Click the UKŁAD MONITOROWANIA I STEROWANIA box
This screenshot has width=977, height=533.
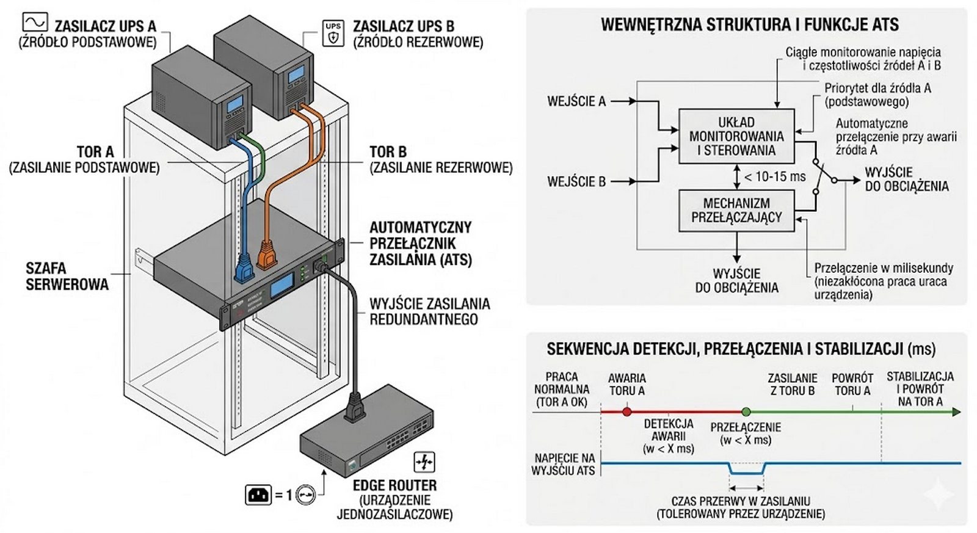(736, 136)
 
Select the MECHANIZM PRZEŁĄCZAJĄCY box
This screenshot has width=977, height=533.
(736, 211)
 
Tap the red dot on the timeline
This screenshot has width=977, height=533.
(627, 412)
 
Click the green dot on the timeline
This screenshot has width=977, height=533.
(746, 412)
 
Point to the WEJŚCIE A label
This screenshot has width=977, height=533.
(576, 101)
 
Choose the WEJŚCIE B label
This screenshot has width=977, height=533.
(576, 181)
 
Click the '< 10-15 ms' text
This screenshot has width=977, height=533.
(774, 177)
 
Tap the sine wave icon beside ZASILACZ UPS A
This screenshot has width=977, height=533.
(35, 23)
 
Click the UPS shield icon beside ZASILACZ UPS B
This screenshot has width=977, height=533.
(333, 33)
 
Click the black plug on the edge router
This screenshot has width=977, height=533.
(354, 407)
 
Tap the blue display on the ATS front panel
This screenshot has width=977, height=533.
(281, 285)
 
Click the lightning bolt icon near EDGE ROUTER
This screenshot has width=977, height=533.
(424, 462)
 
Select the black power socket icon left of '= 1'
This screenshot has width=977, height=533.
(258, 494)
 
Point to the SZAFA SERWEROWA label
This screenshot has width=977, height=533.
(67, 276)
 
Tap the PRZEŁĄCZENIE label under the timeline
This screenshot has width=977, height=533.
(745, 427)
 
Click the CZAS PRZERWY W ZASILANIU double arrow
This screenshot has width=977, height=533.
(746, 488)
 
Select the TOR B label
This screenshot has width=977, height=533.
(388, 152)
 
